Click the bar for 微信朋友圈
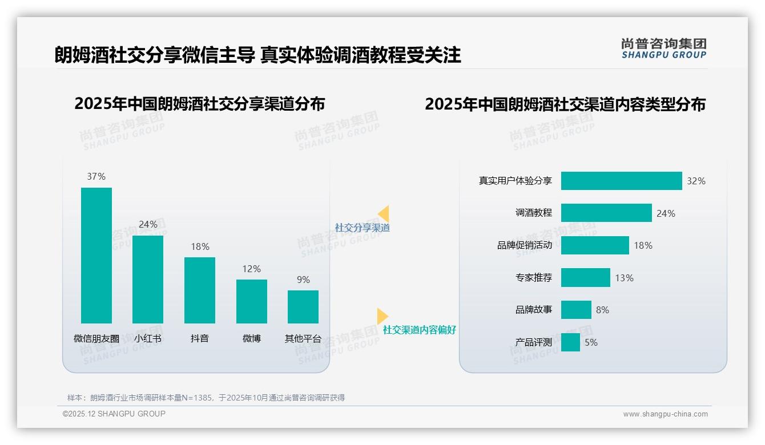96,255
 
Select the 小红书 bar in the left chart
148,279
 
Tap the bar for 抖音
200,290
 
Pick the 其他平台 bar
303,306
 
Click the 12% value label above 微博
251,269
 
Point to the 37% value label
96,177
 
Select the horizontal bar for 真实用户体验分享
621,181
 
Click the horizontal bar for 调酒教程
606,213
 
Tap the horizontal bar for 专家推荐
585,278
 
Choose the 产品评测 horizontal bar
570,342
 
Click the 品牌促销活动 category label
525,245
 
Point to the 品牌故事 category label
534,310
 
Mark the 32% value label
696,181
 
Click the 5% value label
591,342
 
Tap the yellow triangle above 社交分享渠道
384,214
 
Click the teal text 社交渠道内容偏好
420,330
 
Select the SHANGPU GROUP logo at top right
663,48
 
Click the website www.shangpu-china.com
665,414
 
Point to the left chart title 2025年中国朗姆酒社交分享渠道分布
199,104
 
